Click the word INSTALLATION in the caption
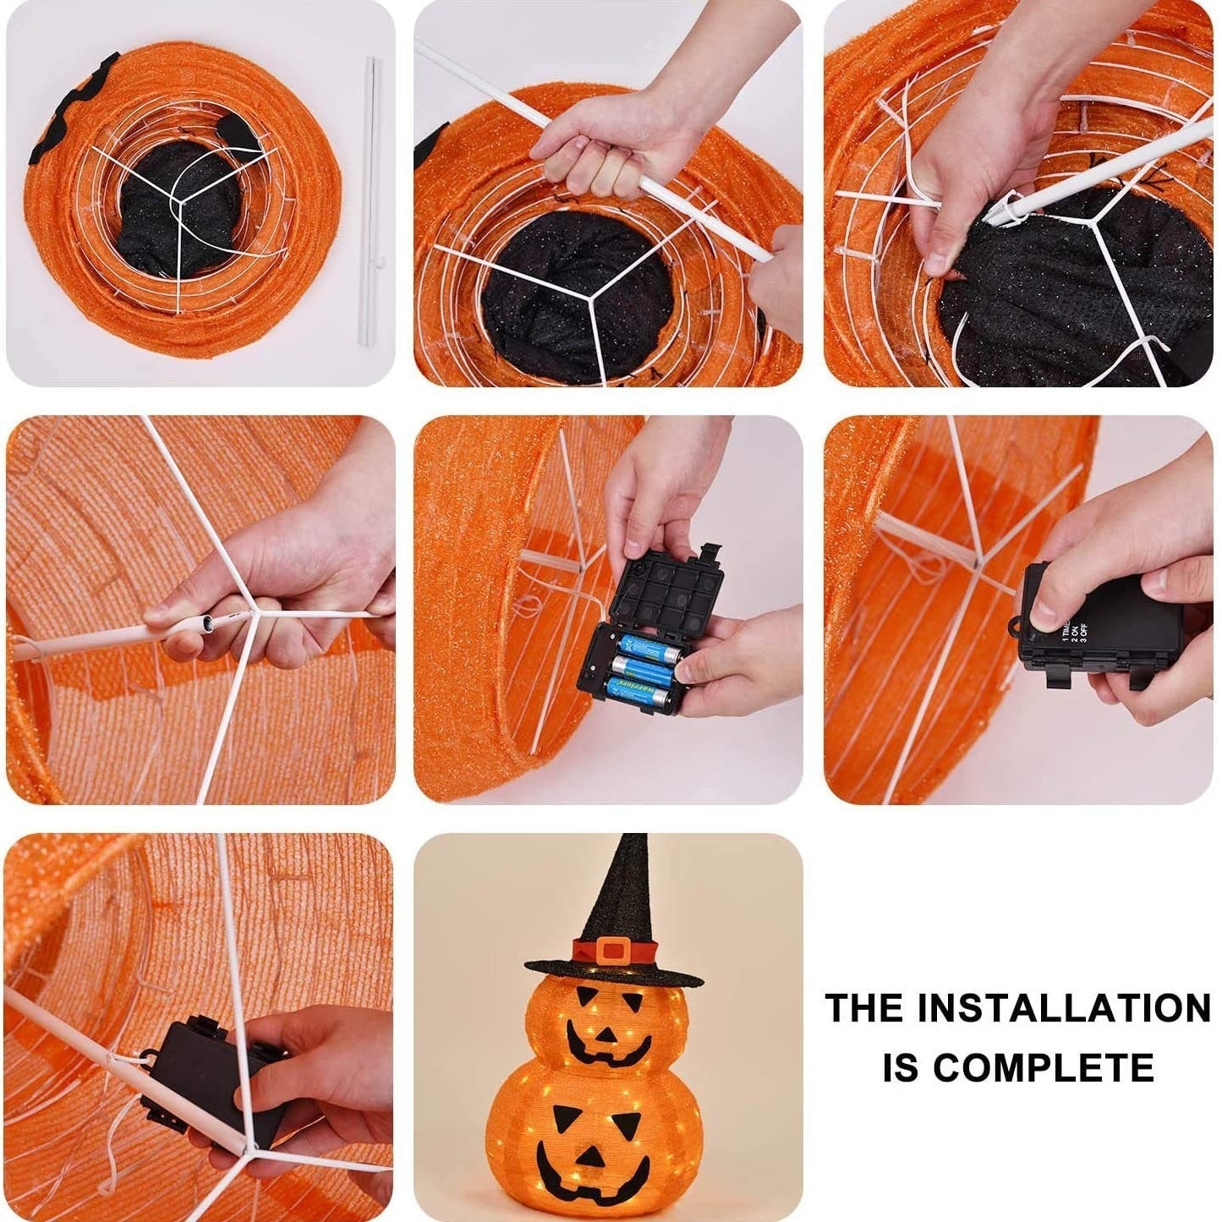pos(1064,1009)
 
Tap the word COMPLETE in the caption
pos(1044,1067)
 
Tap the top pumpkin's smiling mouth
pos(607,1045)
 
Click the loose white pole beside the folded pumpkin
pos(370,203)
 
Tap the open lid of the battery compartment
pos(672,593)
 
